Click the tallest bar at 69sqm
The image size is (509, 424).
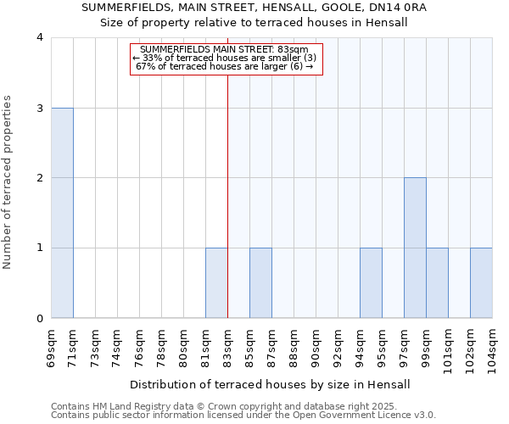(62, 213)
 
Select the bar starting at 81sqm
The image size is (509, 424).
(216, 283)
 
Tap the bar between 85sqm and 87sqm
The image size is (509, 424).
(260, 283)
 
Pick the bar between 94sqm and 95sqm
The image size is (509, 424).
(371, 283)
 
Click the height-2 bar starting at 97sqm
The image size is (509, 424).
(415, 248)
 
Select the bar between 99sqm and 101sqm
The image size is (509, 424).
(437, 283)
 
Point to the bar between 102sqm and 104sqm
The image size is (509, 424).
(481, 283)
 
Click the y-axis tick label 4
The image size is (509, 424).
(40, 37)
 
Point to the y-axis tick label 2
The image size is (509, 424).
(40, 178)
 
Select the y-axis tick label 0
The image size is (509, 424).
(40, 318)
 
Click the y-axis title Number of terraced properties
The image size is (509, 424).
(8, 182)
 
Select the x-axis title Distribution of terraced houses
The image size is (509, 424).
(271, 384)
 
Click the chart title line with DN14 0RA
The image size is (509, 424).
(255, 8)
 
